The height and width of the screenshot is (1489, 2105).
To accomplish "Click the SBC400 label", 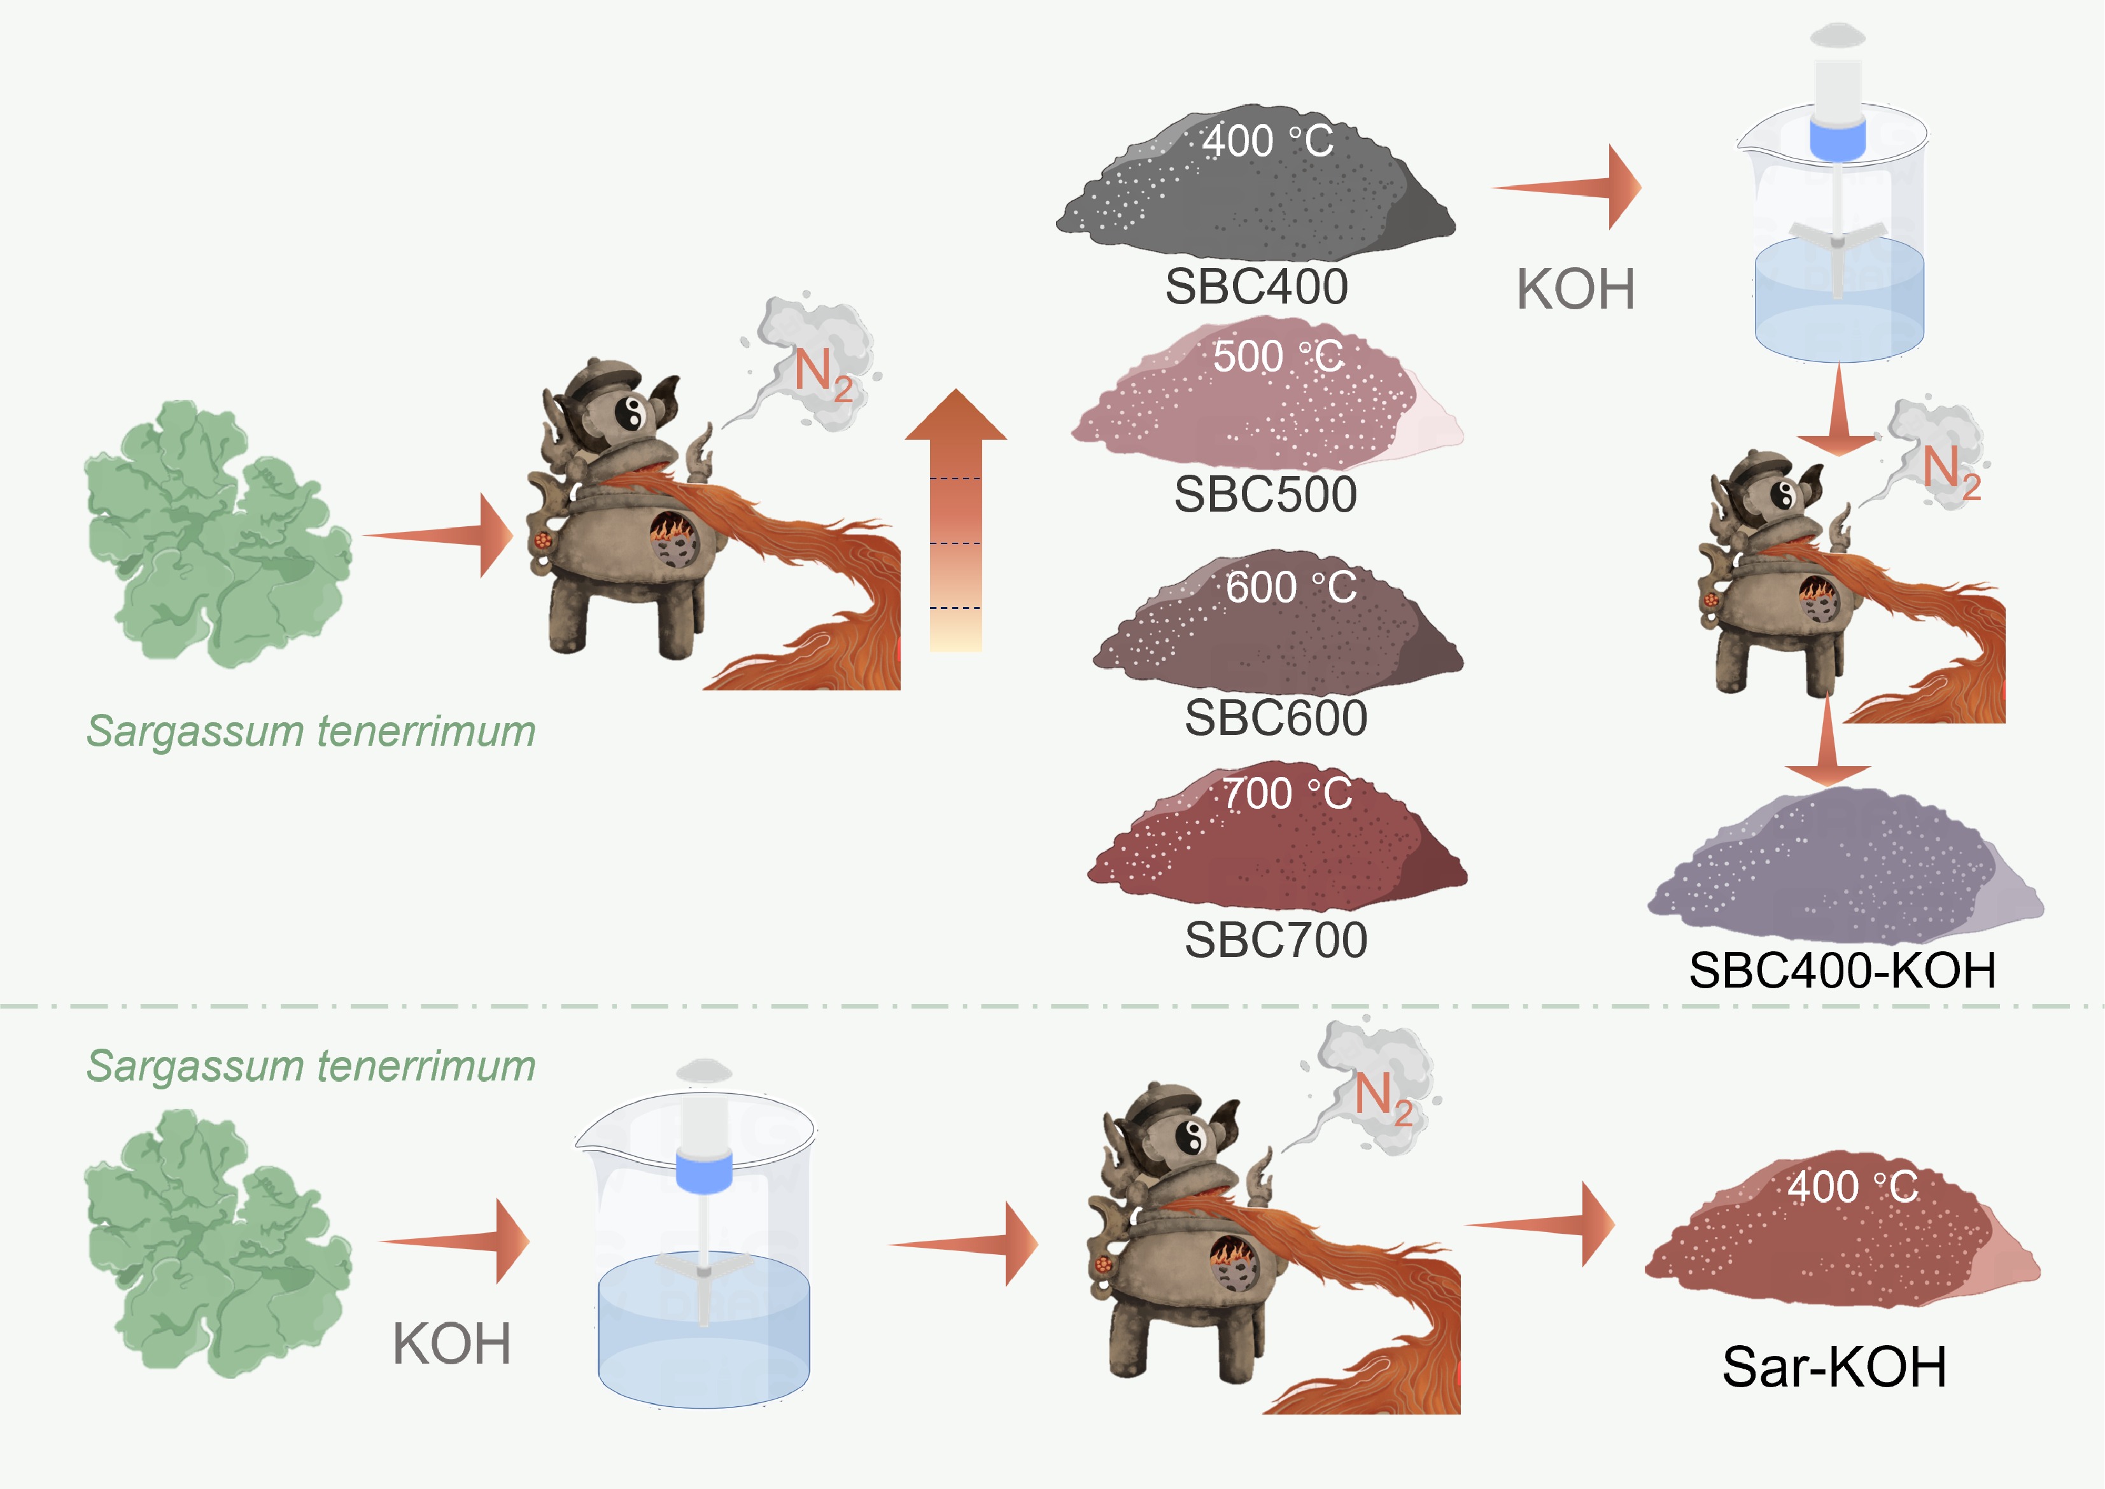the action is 1257,287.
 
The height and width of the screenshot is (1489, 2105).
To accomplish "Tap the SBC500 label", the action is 1266,495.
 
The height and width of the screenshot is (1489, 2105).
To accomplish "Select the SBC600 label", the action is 1276,718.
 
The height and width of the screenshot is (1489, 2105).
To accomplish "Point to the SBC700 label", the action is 1276,940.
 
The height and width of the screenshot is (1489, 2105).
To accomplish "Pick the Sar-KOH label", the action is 1834,1367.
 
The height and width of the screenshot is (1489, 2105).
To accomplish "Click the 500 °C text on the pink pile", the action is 1278,357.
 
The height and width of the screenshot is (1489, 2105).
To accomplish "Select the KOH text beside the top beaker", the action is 1576,290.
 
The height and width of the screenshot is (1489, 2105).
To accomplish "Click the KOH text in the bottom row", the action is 451,1344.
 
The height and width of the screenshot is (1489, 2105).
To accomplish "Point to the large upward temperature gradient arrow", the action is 955,520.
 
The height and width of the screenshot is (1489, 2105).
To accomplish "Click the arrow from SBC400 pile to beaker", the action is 1566,187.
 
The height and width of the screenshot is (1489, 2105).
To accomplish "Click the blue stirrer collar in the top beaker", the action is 1837,137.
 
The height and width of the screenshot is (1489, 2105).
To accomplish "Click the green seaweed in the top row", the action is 218,534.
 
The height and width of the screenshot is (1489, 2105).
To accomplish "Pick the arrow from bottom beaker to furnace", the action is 963,1244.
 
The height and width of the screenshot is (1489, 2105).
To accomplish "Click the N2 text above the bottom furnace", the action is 1384,1098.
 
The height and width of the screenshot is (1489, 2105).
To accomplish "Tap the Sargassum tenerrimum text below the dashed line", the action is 311,1066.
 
